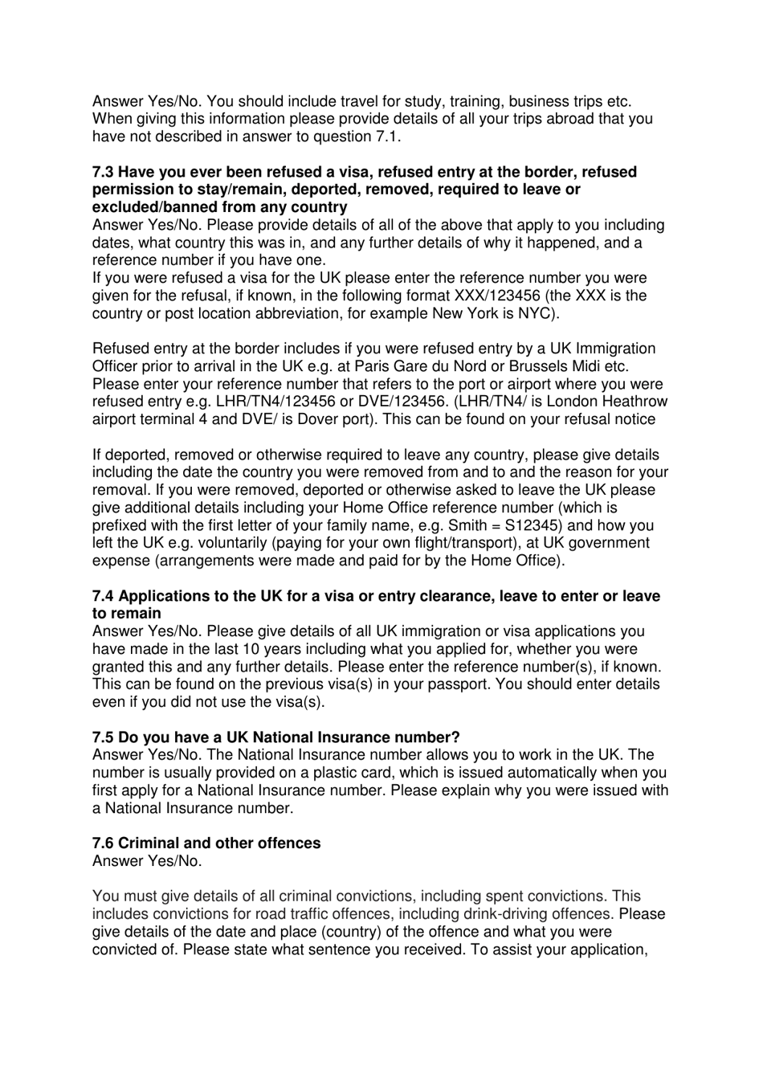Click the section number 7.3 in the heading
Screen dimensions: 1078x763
pyautogui.click(x=103, y=172)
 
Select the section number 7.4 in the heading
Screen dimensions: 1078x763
pyautogui.click(x=103, y=596)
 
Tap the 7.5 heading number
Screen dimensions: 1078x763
pyautogui.click(x=103, y=737)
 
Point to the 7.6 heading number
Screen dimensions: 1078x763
pyautogui.click(x=103, y=843)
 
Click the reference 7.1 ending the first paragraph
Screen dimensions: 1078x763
pyautogui.click(x=386, y=137)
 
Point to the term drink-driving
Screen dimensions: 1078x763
pyautogui.click(x=509, y=914)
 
